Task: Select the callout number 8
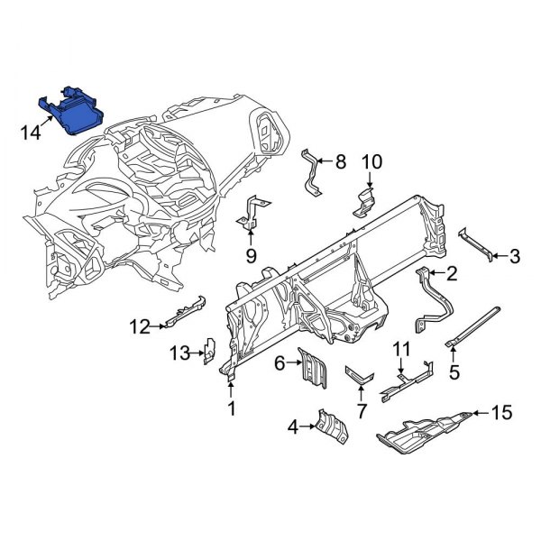click(340, 162)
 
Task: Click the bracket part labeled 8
click(313, 171)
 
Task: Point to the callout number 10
click(372, 162)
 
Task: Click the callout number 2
click(452, 273)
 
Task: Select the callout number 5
click(454, 370)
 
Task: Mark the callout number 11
click(400, 349)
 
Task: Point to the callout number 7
click(361, 413)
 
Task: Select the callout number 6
click(280, 363)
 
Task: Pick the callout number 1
click(231, 411)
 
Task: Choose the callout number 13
click(181, 353)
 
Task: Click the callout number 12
click(139, 326)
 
